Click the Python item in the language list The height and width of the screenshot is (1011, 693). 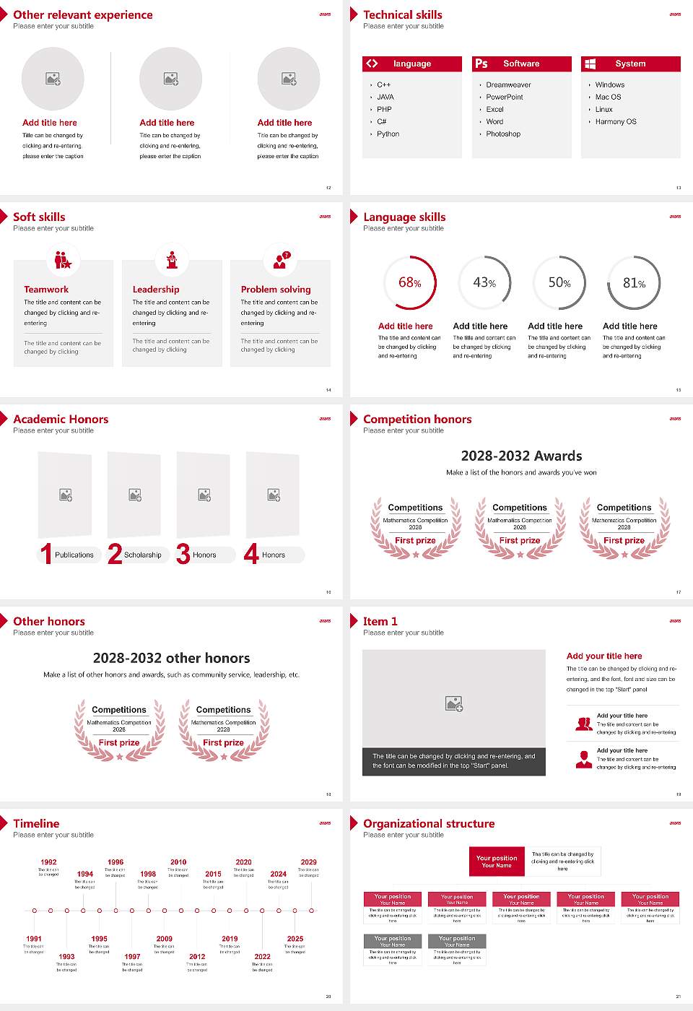pos(388,134)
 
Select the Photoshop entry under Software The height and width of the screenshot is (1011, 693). pos(503,134)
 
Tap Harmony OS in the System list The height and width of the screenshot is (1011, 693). pos(616,122)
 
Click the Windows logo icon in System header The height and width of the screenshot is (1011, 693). pos(590,64)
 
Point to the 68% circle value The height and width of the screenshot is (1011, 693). pos(409,283)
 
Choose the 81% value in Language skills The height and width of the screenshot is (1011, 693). pos(634,283)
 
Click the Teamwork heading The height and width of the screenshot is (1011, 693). pos(46,290)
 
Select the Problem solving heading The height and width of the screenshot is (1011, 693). pos(276,290)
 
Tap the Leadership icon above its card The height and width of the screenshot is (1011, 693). pos(172,259)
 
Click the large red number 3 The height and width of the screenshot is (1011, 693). pos(183,554)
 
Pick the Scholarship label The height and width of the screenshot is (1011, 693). pos(142,555)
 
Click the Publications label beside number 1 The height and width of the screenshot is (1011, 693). pos(74,555)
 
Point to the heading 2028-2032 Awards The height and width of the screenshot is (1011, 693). pos(521,456)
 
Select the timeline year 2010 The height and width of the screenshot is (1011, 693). pos(178,862)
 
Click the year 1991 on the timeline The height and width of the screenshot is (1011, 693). pos(34,940)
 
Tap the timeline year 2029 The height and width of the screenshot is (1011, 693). pos(308,862)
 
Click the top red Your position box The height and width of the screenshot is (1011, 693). pos(497,862)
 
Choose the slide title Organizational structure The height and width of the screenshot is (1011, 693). pos(429,824)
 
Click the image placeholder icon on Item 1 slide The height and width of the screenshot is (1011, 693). pos(454,703)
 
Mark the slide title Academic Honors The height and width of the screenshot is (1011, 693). pos(61,420)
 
